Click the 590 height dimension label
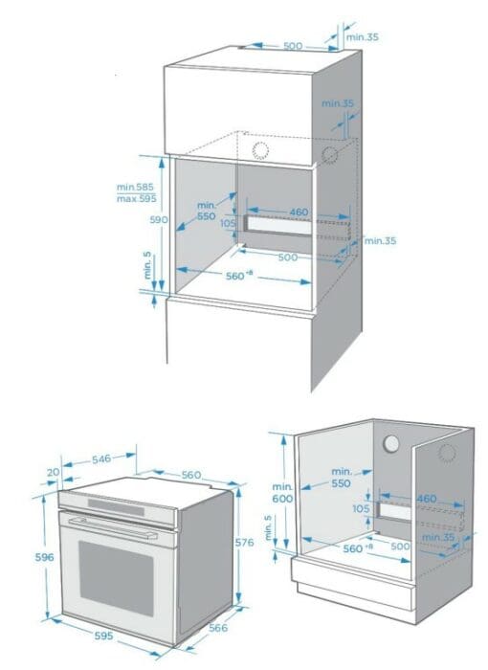pos(159,219)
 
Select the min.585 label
pos(135,188)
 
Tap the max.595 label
pos(136,199)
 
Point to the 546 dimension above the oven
pos(101,458)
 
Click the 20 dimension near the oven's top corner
pos(53,472)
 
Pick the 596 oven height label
pos(44,557)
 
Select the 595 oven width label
pos(104,636)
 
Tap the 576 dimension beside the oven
pos(244,543)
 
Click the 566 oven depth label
pos(218,628)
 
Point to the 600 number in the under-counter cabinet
pos(283,499)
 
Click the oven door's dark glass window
pos(116,578)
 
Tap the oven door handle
pos(113,528)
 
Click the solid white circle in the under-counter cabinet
pos(390,444)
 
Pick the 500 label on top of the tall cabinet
pos(293,46)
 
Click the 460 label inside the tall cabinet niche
pos(299,212)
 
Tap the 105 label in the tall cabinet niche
pos(228,223)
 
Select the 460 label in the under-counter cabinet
pos(427,499)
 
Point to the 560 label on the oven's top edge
pos(191,475)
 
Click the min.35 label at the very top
pos(363,36)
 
